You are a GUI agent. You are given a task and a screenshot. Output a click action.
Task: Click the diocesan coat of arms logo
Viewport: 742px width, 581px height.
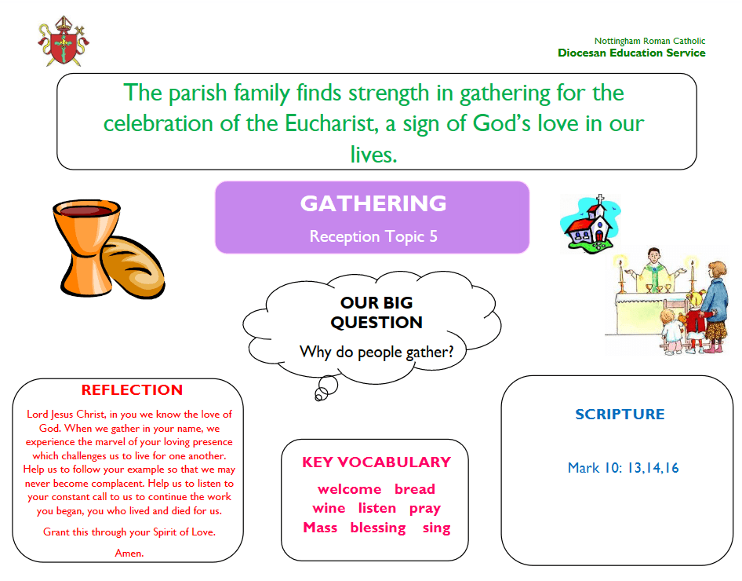pos(64,41)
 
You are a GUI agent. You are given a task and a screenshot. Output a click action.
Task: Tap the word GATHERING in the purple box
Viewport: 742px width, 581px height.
pos(373,203)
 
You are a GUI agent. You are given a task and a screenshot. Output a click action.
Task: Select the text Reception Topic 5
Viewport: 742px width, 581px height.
pos(373,236)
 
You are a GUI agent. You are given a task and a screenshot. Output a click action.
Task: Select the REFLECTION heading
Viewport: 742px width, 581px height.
pos(132,389)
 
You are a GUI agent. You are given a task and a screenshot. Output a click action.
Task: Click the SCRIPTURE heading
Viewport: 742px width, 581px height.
pos(620,415)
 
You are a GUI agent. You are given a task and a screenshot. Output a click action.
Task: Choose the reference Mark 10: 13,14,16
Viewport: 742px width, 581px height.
pos(624,468)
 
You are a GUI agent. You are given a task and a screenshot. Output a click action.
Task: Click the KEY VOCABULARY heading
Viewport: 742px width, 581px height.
pos(376,462)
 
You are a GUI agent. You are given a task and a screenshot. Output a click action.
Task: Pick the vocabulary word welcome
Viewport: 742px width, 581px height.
pos(349,488)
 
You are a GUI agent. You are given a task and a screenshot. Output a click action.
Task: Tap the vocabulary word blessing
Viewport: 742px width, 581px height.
pos(378,528)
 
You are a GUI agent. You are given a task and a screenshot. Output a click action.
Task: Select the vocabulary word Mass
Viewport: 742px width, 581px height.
pos(320,528)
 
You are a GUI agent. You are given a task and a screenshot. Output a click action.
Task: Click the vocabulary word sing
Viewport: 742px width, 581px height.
pos(436,528)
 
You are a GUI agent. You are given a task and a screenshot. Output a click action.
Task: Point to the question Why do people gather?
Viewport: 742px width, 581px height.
pos(376,353)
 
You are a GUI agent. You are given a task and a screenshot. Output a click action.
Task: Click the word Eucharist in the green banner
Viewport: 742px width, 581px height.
pos(331,123)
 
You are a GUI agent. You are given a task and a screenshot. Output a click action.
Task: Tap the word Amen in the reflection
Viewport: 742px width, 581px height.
pos(129,553)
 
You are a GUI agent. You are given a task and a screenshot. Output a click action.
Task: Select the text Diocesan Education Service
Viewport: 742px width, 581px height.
pos(631,53)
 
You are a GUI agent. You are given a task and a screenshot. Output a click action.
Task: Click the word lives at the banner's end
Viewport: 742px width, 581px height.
pos(373,155)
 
